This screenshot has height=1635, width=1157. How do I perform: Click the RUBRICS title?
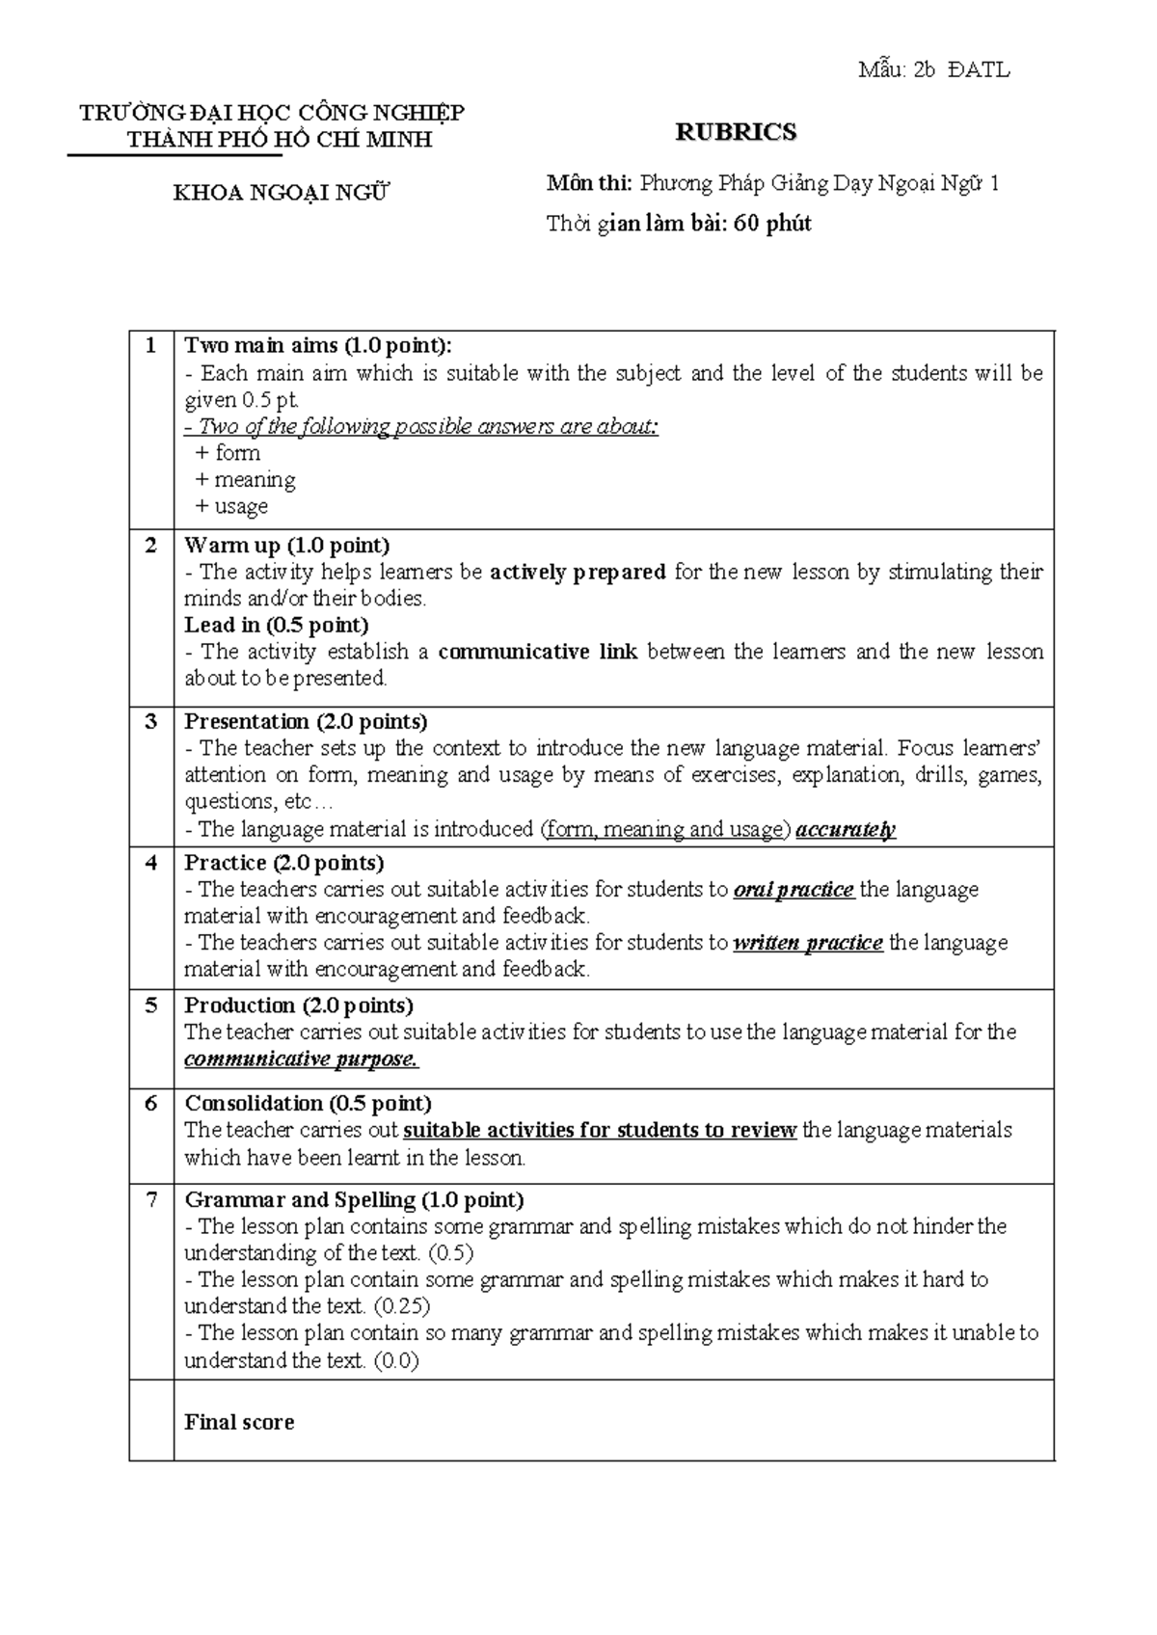(736, 133)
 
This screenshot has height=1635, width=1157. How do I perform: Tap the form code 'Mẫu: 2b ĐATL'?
(933, 69)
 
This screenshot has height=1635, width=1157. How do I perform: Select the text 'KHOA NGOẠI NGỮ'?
(281, 193)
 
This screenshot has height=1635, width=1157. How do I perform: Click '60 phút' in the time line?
(772, 225)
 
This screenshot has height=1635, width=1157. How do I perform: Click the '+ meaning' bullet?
(245, 480)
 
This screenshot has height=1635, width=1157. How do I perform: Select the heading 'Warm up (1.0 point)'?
(287, 546)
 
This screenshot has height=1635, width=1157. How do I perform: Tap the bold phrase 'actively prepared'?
(578, 573)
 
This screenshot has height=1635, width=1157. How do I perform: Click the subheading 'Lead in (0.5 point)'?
(277, 626)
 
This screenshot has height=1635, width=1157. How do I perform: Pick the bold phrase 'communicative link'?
(537, 653)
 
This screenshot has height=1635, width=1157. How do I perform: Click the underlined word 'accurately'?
(846, 830)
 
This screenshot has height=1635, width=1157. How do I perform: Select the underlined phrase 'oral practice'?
(793, 890)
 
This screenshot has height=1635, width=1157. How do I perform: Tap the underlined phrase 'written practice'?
(807, 943)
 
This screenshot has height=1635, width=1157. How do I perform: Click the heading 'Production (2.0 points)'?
(299, 1006)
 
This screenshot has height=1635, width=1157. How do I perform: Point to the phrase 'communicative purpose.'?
(301, 1059)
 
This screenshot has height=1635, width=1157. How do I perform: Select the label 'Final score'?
(239, 1423)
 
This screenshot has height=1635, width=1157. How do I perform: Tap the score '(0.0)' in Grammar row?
(395, 1361)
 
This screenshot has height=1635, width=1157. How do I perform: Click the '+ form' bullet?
(228, 453)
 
